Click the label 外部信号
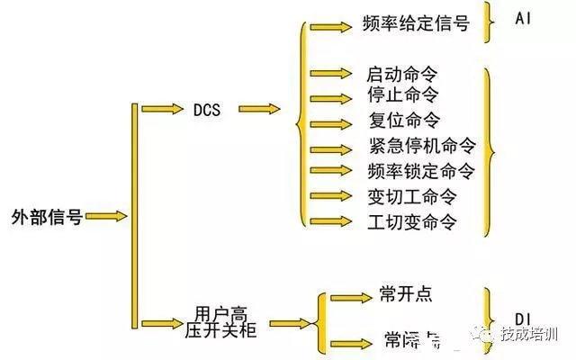point(47,217)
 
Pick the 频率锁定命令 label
point(420,170)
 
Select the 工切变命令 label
point(411,220)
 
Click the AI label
point(524,19)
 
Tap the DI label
point(524,318)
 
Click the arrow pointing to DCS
point(159,109)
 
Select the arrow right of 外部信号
point(108,217)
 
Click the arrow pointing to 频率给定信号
point(330,26)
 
